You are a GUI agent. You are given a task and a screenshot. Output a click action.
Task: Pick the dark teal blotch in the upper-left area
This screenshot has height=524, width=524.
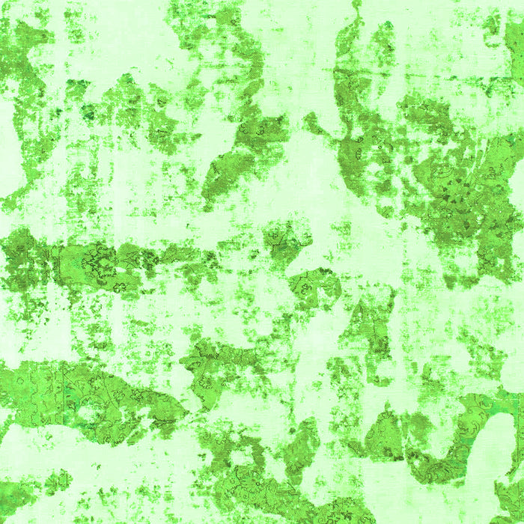(88, 112)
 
